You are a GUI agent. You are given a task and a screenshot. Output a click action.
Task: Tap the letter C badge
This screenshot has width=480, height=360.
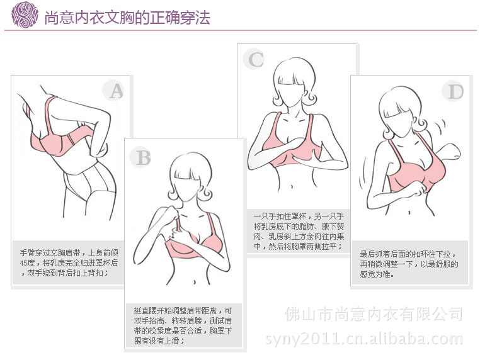coord(256,60)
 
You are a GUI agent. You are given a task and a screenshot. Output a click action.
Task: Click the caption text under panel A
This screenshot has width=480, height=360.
coord(71,262)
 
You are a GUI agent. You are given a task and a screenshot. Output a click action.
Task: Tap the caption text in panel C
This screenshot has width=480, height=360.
coord(297,230)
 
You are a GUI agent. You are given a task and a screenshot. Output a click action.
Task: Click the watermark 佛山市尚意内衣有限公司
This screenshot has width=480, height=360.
coord(374,313)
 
